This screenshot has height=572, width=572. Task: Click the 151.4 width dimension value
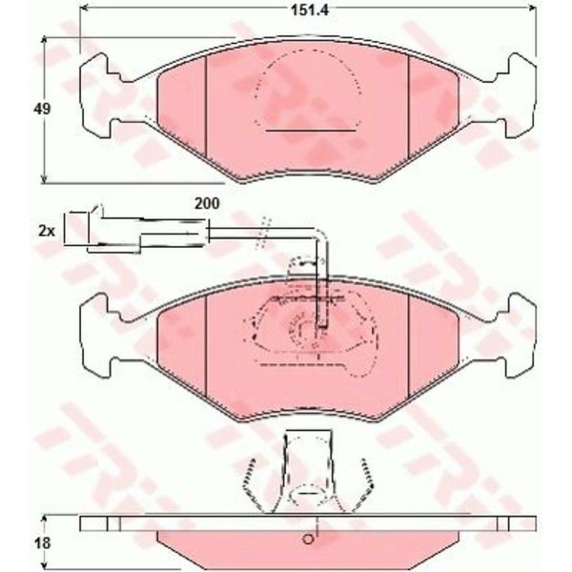310,10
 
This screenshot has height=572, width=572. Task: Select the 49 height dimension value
42,109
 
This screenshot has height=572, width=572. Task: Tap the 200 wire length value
207,204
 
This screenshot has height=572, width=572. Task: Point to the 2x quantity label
47,231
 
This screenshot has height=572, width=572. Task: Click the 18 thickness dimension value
43,543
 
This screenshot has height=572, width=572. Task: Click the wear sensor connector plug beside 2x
135,231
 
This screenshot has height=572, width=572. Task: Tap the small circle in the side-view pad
308,540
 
